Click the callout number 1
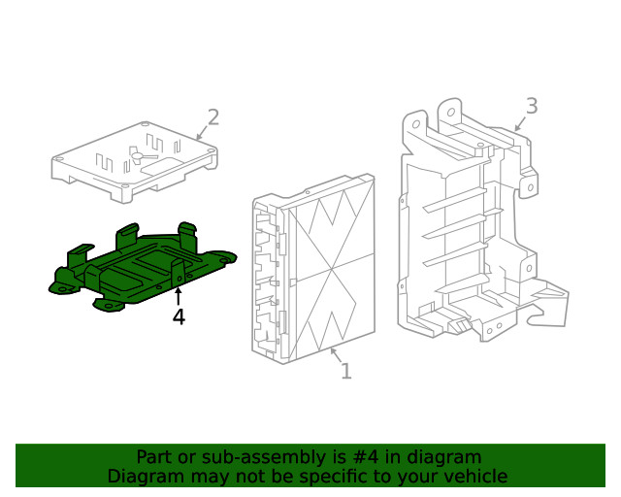(345, 371)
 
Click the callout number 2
(213, 117)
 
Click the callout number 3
(531, 106)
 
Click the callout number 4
(179, 316)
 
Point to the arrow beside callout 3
(519, 123)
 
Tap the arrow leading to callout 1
(334, 355)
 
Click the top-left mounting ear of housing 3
(411, 122)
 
